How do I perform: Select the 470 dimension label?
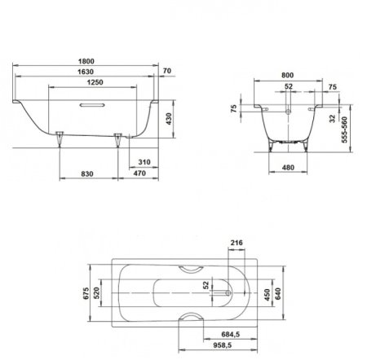pyautogui.click(x=139, y=173)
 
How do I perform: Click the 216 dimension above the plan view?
pyautogui.click(x=238, y=243)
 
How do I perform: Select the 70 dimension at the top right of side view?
pyautogui.click(x=166, y=72)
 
